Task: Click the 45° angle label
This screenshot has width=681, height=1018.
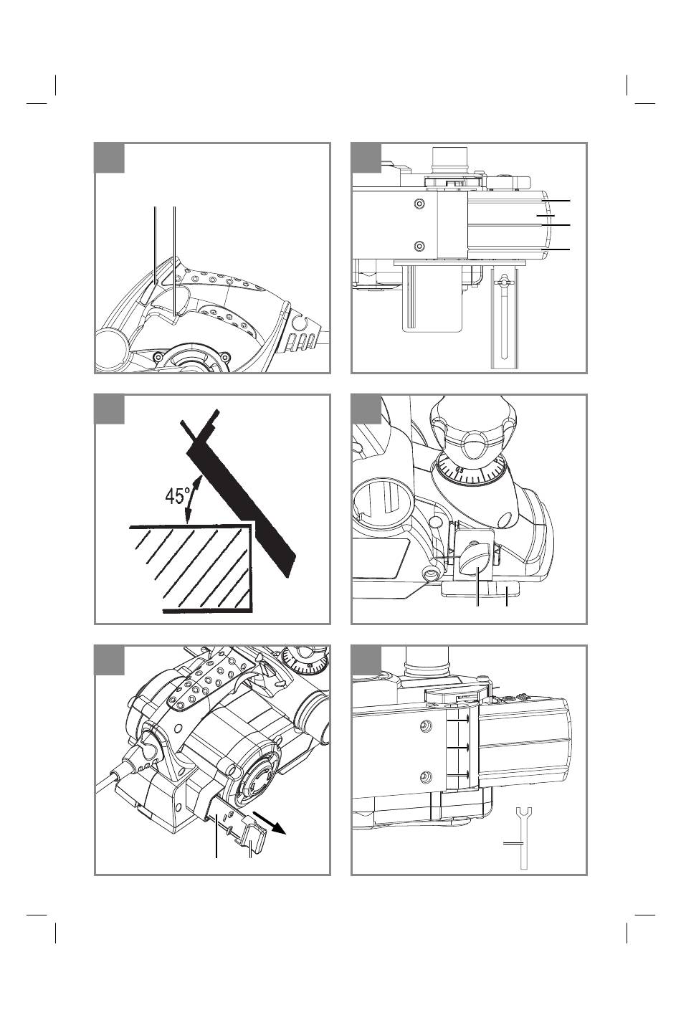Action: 178,496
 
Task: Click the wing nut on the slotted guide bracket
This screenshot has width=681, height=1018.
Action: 504,279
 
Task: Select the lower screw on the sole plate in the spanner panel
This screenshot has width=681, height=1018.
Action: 425,774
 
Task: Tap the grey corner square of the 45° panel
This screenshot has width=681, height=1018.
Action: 110,409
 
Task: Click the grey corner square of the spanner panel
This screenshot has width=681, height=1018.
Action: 366,660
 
